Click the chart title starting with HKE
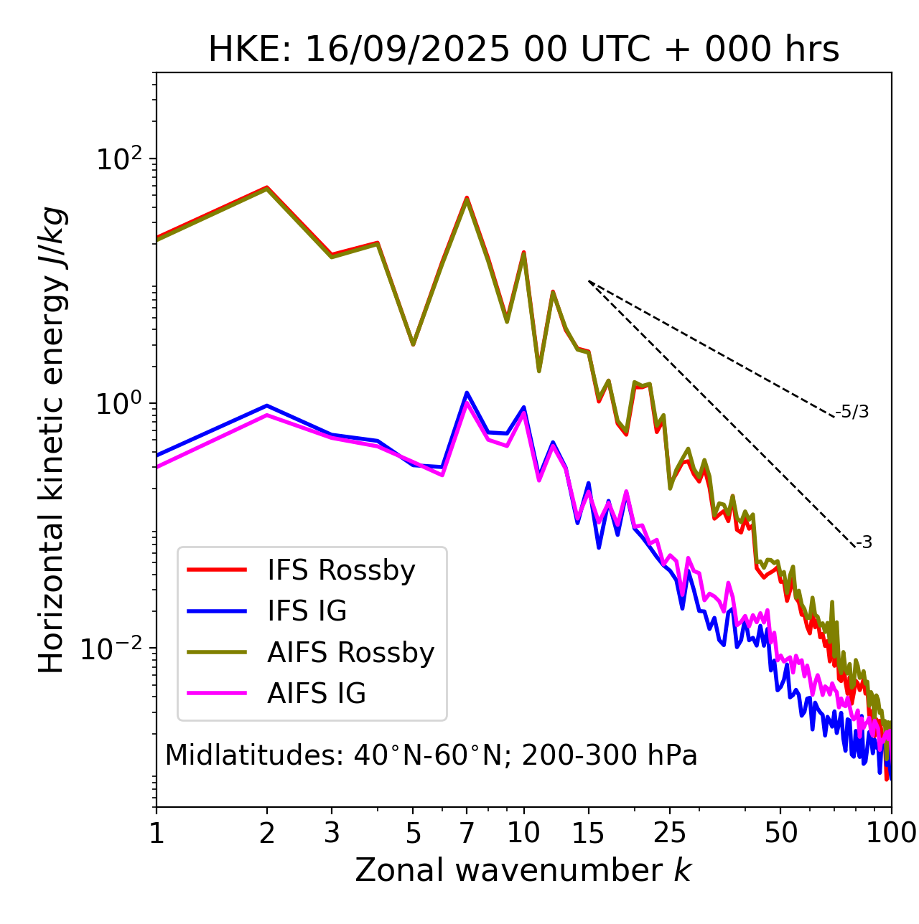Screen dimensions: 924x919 [x=523, y=49]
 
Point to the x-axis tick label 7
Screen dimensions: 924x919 [x=467, y=833]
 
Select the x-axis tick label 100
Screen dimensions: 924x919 [x=891, y=833]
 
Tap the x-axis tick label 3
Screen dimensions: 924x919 [x=332, y=833]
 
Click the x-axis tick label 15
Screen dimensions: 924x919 [x=588, y=833]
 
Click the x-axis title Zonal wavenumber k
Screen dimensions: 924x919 [x=523, y=870]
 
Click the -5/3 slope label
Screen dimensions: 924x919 [x=852, y=412]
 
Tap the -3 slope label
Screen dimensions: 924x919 [x=864, y=543]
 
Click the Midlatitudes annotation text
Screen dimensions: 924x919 [x=431, y=755]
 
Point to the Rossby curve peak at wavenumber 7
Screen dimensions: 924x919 [x=467, y=198]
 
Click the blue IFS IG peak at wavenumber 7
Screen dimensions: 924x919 [x=467, y=392]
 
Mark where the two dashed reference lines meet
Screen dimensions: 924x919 [x=589, y=281]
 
